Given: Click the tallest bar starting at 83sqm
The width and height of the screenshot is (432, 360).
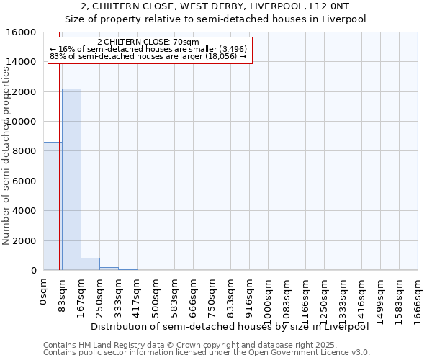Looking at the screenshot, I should [x=71, y=179].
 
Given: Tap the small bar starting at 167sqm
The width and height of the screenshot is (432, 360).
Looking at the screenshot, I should [x=90, y=264].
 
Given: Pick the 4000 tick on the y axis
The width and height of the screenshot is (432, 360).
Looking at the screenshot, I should [x=22, y=211].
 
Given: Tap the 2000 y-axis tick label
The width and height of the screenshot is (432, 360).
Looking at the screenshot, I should [x=22, y=241].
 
